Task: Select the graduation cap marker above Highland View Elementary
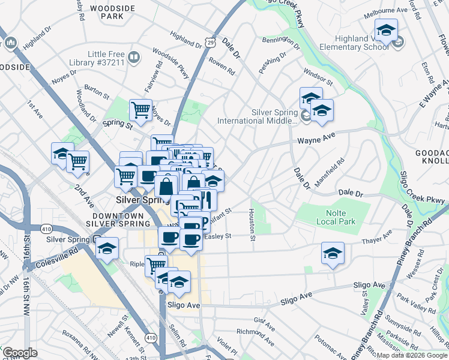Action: coord(386,31)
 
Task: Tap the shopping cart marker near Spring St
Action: coord(140,110)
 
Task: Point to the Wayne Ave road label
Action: coord(315,142)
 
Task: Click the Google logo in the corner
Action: coord(19,353)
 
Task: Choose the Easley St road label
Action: coord(217,236)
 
